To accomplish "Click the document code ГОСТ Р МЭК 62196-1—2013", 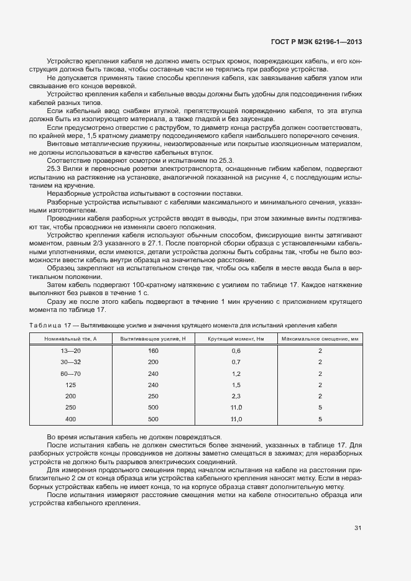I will (x=316, y=42).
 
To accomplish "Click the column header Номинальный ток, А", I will (x=71, y=338).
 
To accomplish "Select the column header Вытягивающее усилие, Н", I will (x=154, y=338).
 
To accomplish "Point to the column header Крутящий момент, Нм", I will (x=236, y=338).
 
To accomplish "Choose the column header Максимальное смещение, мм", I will (x=320, y=338).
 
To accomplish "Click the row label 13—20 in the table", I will (x=71, y=351).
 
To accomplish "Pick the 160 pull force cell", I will (x=154, y=351).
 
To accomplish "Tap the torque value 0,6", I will (x=236, y=351).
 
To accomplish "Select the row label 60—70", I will (x=71, y=373).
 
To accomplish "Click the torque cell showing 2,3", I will (x=236, y=396).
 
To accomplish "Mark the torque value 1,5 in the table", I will (x=236, y=385).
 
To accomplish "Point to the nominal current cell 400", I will (x=71, y=419).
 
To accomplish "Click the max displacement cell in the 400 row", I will (x=320, y=419).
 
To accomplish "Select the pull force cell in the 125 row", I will (x=154, y=385).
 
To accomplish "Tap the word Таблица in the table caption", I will (x=45, y=324).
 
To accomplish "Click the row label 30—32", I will (x=71, y=362).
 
